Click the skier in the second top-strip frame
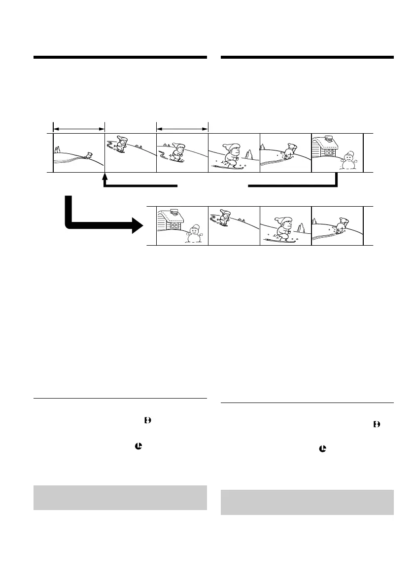(x=121, y=145)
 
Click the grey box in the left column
(x=120, y=498)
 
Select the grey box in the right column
(x=307, y=502)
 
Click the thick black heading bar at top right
(x=307, y=58)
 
